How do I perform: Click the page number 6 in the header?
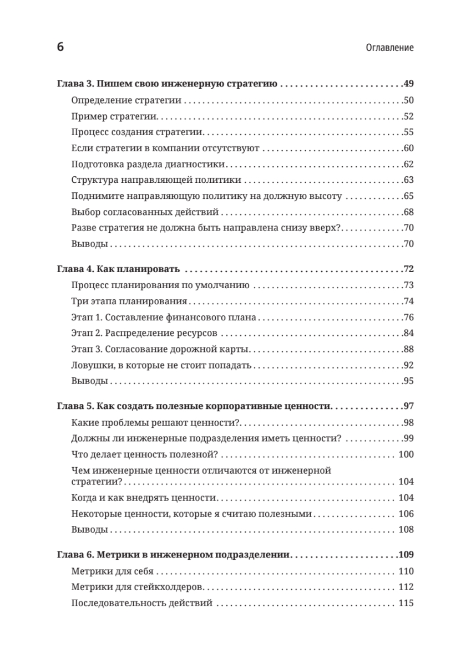(60, 47)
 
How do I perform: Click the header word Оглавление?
(390, 48)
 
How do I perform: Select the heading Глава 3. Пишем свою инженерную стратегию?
(167, 85)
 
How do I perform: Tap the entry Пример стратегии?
(115, 117)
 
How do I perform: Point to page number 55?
(408, 132)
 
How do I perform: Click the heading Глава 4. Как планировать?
(119, 270)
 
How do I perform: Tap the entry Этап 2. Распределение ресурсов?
(144, 334)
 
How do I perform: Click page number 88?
(408, 350)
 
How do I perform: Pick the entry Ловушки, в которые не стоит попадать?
(162, 366)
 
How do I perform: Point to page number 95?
(408, 381)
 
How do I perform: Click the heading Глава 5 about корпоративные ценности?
(194, 407)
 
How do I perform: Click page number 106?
(406, 514)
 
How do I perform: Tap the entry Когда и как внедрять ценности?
(144, 498)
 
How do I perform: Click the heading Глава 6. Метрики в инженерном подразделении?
(175, 555)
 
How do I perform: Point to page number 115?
(406, 603)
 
